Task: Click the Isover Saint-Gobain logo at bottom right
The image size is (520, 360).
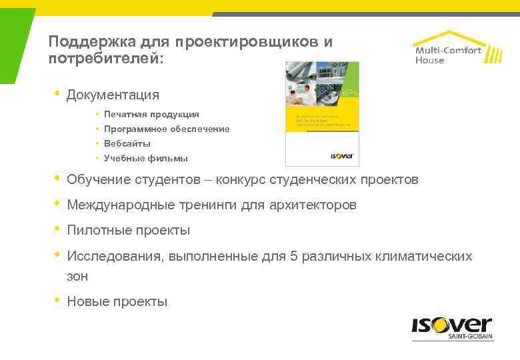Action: (451, 329)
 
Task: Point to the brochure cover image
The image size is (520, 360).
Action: (322, 113)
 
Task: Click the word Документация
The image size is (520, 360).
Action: (113, 95)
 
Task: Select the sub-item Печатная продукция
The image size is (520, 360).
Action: (151, 114)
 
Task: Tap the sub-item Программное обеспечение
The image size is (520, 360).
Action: (167, 129)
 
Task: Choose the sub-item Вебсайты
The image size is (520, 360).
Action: (127, 143)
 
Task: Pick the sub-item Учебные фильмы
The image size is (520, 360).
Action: (146, 158)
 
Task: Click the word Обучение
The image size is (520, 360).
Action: (97, 179)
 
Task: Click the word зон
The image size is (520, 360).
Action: (77, 275)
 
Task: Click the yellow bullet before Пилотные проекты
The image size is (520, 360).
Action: (57, 229)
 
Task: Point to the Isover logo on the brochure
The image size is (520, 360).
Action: (342, 156)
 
